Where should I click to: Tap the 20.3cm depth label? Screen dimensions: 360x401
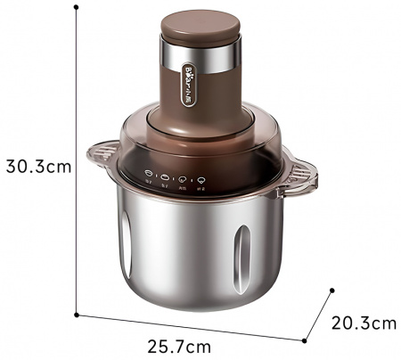coord(364,323)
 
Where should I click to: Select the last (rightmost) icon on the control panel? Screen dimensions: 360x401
coord(203,178)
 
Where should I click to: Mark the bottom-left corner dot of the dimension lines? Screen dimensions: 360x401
coord(78,314)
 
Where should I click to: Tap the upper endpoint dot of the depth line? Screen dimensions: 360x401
coord(331,290)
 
